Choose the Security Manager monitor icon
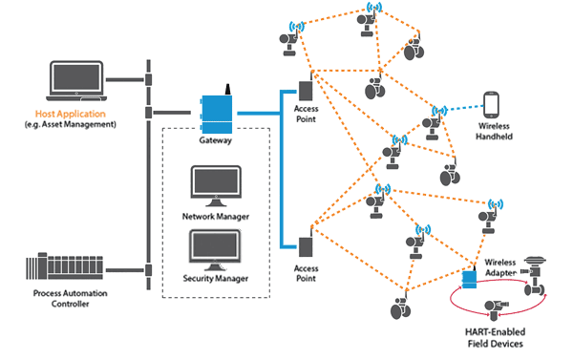point(216,247)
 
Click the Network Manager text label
point(216,217)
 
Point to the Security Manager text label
point(216,278)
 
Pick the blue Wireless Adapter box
point(470,279)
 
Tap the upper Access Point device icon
point(308,91)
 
